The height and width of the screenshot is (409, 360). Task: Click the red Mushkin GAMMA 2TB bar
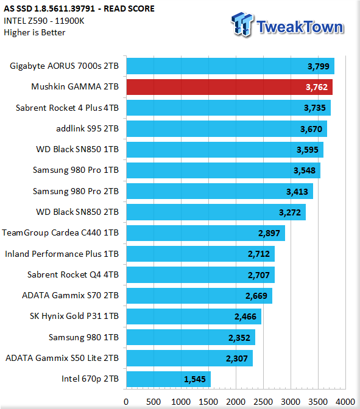click(x=230, y=87)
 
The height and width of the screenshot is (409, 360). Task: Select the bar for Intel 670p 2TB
click(x=169, y=379)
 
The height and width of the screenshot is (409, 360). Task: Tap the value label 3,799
click(x=319, y=66)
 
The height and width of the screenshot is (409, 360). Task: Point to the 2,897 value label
click(x=269, y=233)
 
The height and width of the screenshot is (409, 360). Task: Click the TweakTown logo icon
click(x=242, y=25)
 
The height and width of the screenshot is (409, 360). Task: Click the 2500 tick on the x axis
click(x=263, y=402)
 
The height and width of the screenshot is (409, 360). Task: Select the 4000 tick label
click(x=345, y=402)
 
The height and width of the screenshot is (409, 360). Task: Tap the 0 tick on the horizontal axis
click(x=126, y=402)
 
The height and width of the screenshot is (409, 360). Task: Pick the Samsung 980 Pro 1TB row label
click(x=76, y=170)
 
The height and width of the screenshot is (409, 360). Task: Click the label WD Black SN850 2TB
click(x=77, y=212)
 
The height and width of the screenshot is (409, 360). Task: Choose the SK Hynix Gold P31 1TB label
click(x=74, y=316)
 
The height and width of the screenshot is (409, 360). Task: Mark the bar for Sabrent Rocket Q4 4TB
click(x=200, y=274)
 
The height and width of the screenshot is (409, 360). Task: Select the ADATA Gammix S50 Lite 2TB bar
click(x=189, y=358)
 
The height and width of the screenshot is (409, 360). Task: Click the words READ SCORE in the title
click(x=129, y=9)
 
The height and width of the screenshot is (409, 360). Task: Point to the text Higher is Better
click(x=35, y=33)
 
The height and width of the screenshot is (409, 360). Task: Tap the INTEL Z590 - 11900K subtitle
click(x=44, y=21)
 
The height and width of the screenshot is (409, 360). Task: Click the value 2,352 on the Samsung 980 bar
click(x=239, y=338)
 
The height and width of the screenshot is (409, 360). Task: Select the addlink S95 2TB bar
click(x=227, y=128)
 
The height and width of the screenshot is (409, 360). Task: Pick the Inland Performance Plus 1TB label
click(x=62, y=254)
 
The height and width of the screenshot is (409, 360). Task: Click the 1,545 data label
click(x=195, y=379)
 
